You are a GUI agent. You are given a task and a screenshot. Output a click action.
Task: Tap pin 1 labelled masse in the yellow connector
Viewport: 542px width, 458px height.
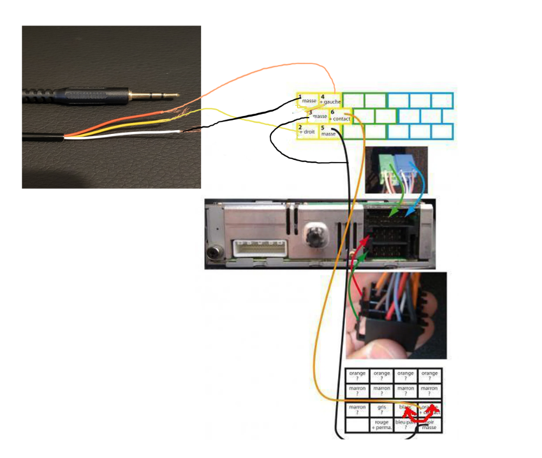point(308,100)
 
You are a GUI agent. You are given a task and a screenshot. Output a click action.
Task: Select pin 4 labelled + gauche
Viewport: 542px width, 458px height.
point(330,100)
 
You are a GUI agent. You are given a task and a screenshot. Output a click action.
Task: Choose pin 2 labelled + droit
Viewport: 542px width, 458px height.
point(307,131)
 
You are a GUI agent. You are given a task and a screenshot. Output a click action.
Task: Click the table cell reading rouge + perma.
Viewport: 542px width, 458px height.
point(382,424)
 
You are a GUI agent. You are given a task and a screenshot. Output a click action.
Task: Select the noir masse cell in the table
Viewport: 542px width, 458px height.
point(429,424)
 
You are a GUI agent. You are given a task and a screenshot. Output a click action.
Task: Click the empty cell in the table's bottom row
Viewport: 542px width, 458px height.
point(357,424)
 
